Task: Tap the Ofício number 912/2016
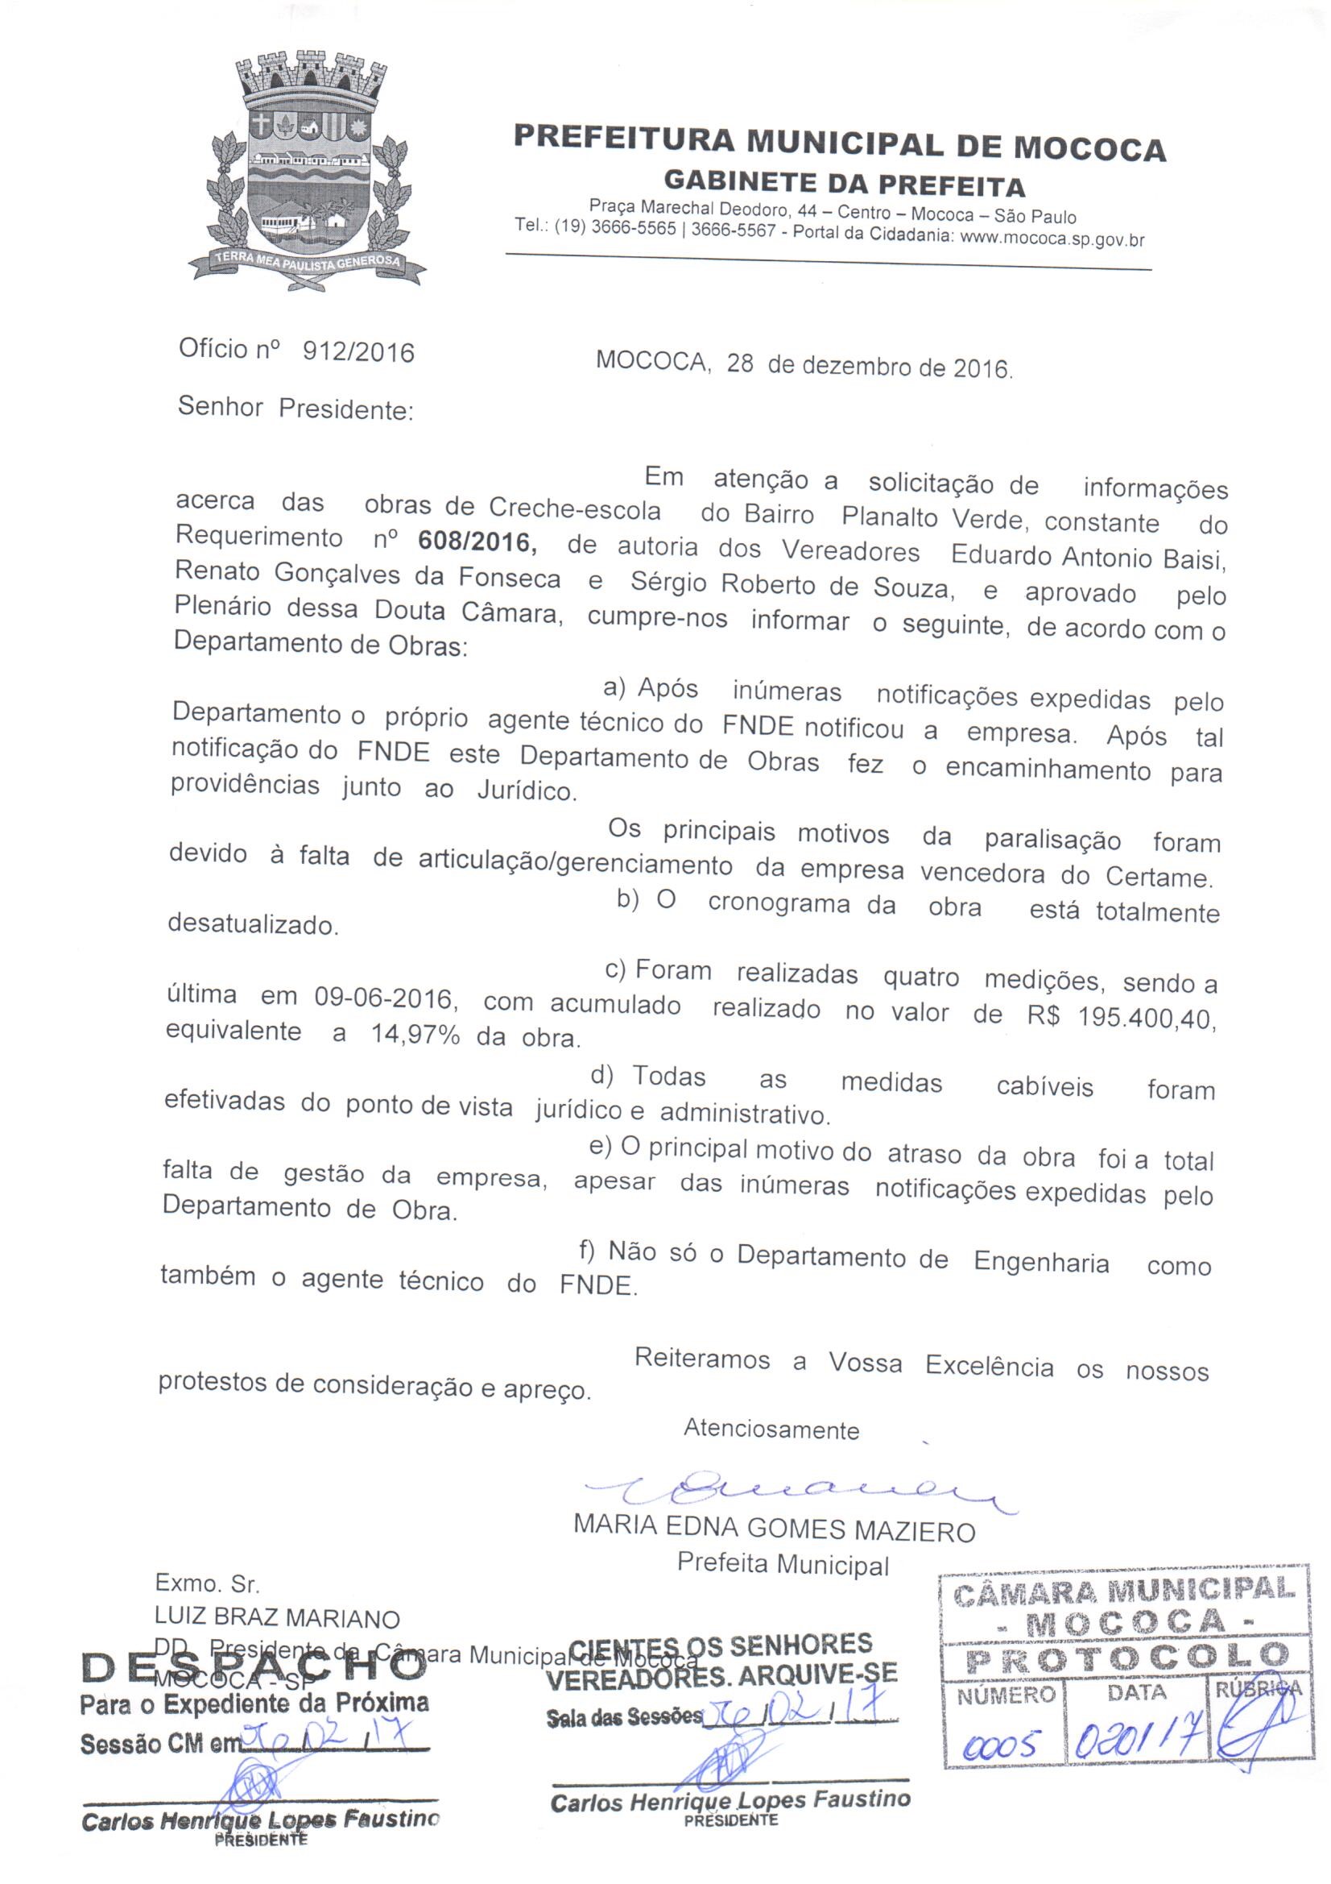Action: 358,351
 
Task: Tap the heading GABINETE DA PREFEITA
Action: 844,184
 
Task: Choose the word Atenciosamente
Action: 771,1430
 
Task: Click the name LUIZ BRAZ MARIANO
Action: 277,1618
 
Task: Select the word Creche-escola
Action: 574,509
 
